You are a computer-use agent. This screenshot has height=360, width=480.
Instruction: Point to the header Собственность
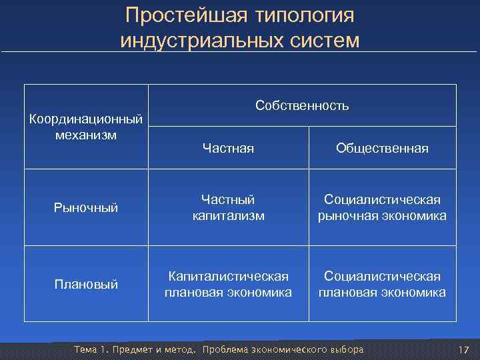click(302, 106)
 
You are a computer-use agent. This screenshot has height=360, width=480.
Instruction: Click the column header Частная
click(228, 148)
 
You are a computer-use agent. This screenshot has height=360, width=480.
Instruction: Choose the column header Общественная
click(382, 148)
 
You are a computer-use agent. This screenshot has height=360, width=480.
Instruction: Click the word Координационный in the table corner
click(86, 120)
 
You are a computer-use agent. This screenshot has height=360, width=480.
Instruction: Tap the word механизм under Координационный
click(86, 135)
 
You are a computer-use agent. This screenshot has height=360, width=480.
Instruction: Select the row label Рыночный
click(86, 208)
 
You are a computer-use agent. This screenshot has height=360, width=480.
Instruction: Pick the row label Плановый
click(86, 284)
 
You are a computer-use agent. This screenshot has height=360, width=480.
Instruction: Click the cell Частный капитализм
click(228, 207)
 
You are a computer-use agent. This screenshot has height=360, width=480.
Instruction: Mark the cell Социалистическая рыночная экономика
click(382, 207)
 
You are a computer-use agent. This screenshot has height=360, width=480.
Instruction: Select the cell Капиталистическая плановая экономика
click(228, 284)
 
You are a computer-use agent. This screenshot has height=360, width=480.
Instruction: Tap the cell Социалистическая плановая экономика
click(382, 284)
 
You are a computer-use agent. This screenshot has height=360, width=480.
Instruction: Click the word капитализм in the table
click(228, 215)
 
